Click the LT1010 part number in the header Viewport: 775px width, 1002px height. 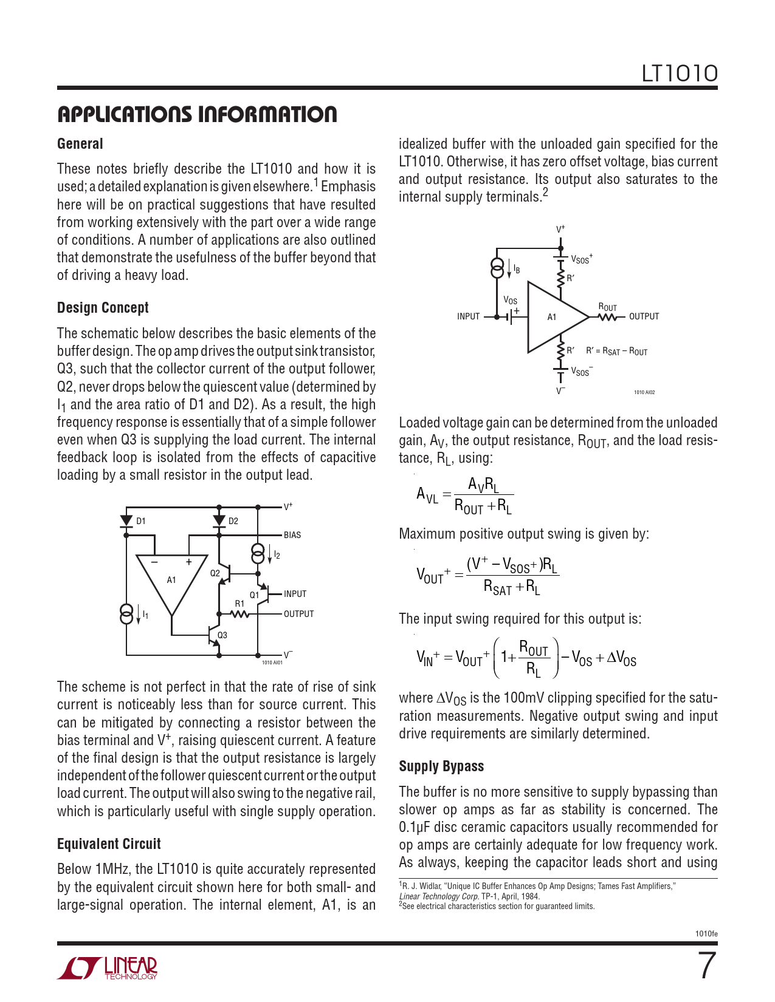tap(680, 74)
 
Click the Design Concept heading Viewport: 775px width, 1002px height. tap(103, 308)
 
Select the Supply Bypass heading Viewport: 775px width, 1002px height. tap(441, 766)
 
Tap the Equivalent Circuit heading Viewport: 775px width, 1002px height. tap(109, 844)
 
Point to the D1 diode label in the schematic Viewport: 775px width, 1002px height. tap(140, 521)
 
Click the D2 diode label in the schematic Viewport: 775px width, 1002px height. tap(233, 521)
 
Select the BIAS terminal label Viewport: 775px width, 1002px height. tap(292, 535)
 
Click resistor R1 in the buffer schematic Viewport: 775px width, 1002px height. tap(240, 614)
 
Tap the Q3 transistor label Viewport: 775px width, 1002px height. tap(222, 635)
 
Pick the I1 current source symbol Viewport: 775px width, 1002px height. tap(126, 614)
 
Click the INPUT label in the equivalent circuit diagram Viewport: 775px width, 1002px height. tap(468, 316)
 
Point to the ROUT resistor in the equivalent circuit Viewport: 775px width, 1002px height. tap(608, 316)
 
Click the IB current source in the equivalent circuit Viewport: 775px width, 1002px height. tap(498, 268)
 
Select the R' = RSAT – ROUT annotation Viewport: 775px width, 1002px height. tap(616, 352)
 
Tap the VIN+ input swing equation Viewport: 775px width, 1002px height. tap(526, 658)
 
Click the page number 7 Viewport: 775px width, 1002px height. tap(706, 966)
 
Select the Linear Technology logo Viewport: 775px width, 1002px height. tap(108, 968)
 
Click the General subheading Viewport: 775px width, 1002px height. tap(80, 144)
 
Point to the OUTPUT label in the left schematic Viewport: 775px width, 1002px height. tap(298, 614)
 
